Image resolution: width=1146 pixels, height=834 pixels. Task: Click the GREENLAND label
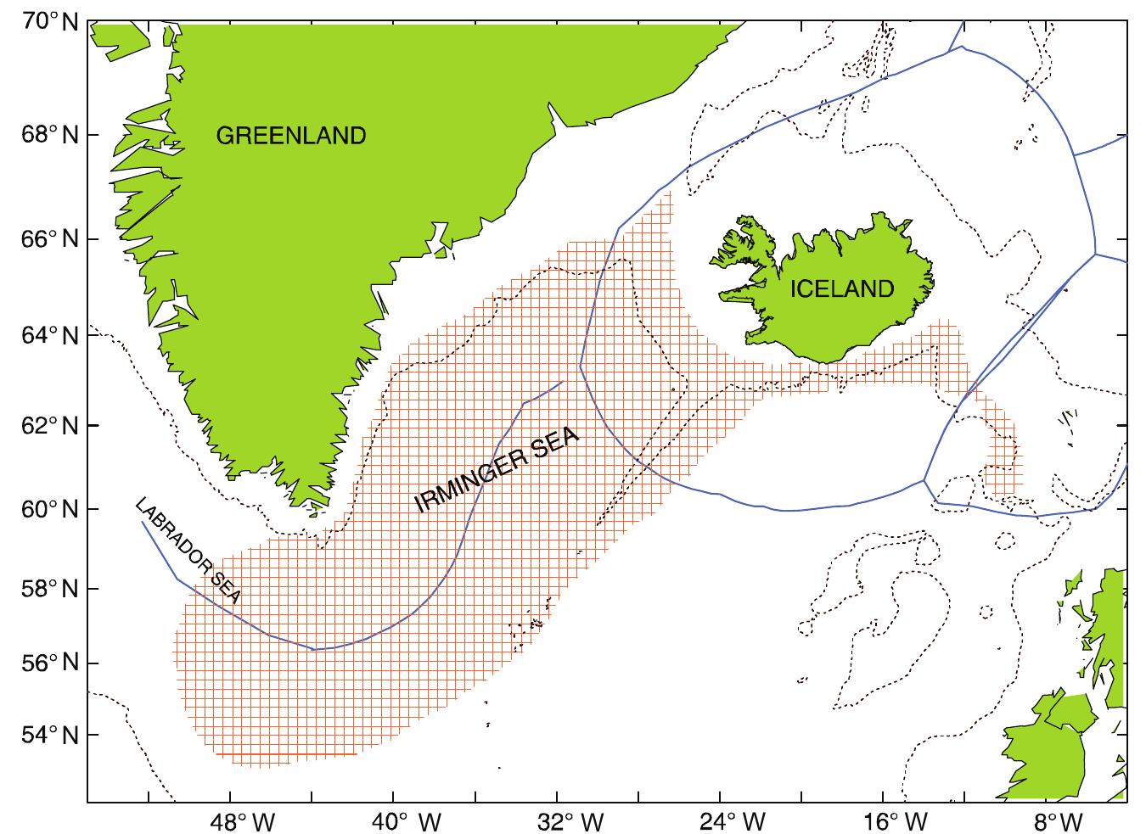[290, 136]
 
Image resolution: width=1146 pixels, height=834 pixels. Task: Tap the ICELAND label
[842, 289]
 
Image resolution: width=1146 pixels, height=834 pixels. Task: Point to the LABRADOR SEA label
[188, 551]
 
